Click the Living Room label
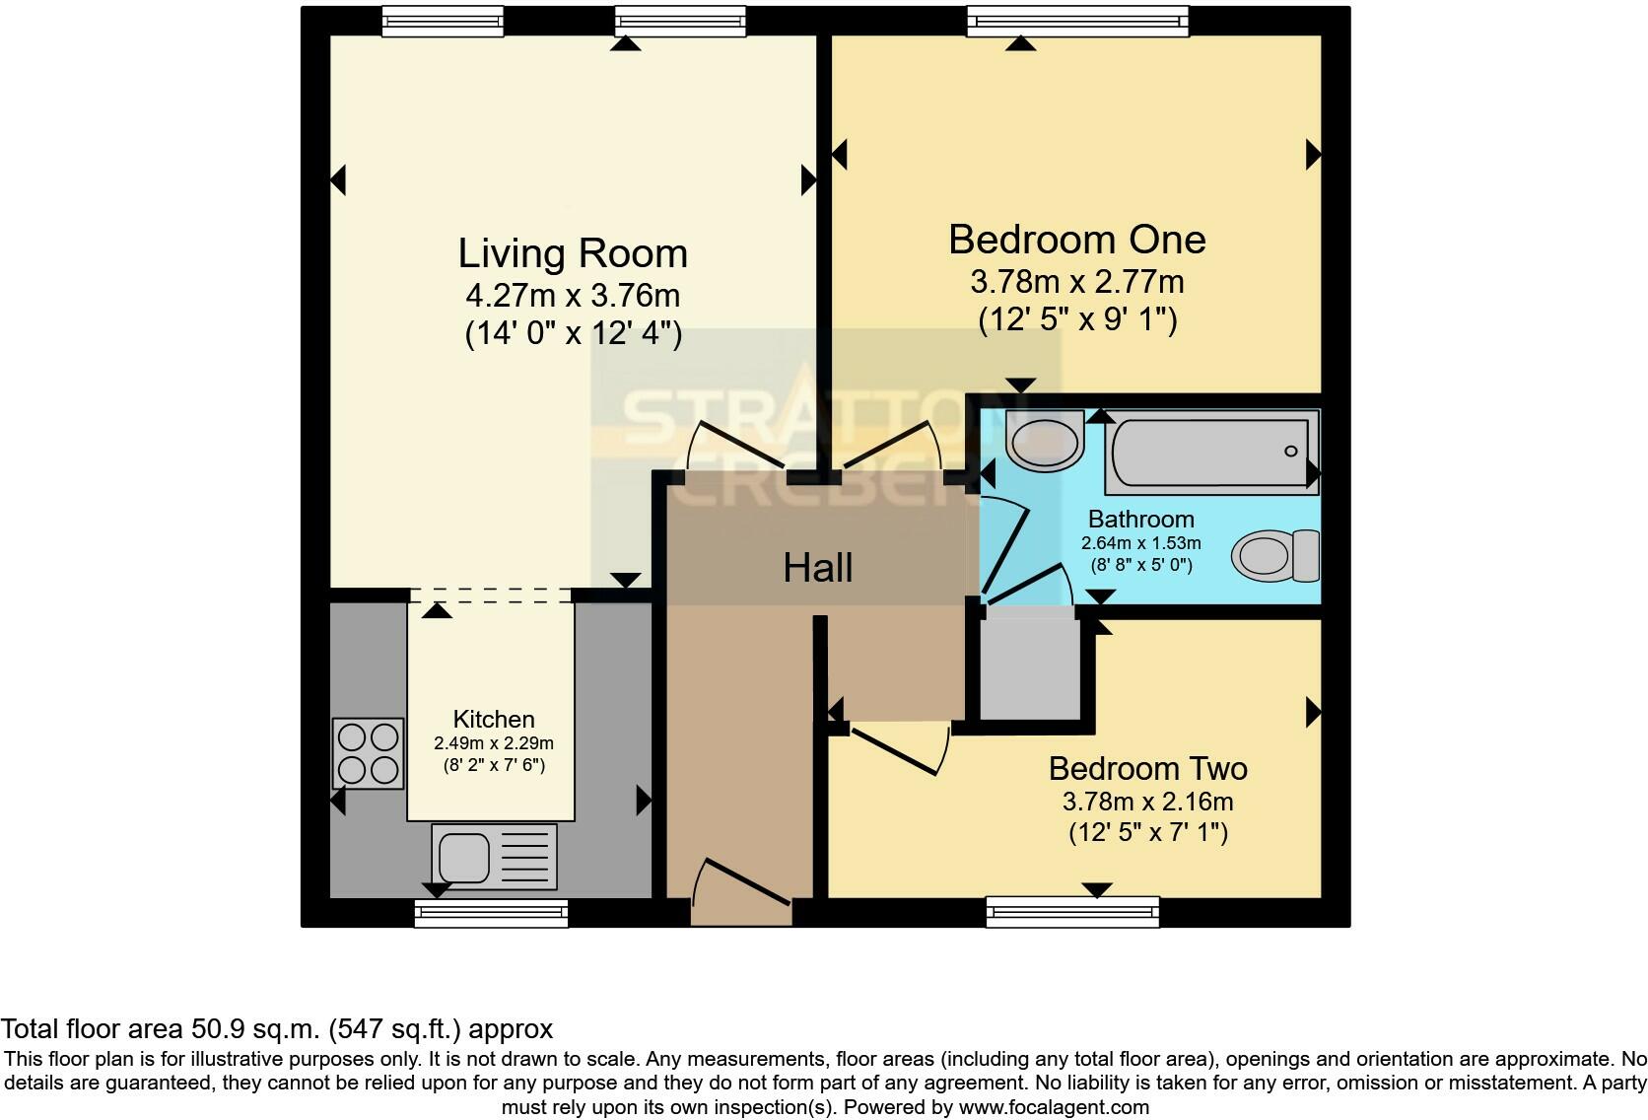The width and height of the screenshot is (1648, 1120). click(572, 254)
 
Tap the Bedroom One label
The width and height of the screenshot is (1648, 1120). click(1076, 240)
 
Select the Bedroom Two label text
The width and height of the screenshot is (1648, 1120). click(1147, 768)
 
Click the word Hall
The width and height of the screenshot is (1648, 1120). click(817, 568)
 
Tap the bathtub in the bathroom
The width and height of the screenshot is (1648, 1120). click(1211, 453)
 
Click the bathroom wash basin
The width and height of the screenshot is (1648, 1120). click(1044, 441)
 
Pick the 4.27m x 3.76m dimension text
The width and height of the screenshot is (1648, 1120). click(572, 295)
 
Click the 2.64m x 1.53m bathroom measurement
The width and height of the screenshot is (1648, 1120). click(1140, 543)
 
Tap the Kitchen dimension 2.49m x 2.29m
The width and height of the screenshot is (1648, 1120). click(493, 743)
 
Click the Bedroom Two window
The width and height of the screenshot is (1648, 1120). click(1072, 910)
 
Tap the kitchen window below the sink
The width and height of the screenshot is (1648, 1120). click(491, 912)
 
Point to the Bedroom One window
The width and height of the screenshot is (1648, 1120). click(1077, 21)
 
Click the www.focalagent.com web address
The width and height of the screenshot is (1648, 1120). click(1053, 1107)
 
